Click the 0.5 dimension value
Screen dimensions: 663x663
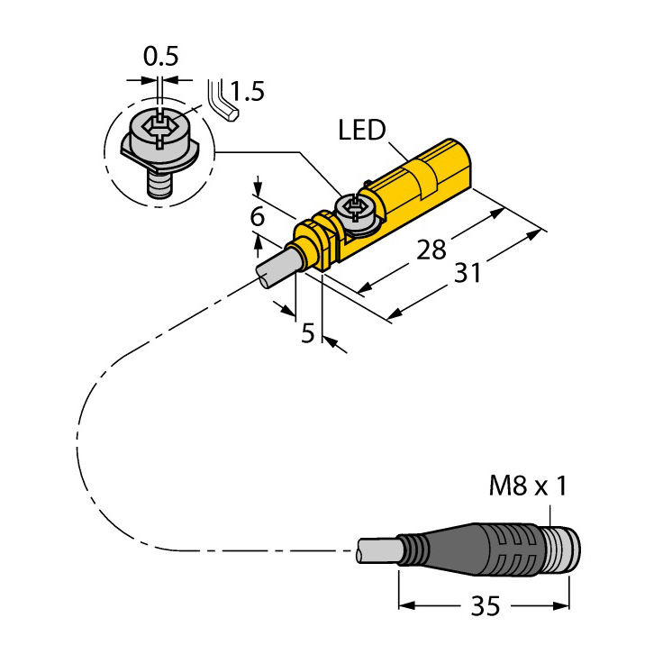click(160, 56)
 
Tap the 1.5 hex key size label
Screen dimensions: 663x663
click(248, 91)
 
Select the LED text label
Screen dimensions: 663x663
click(362, 130)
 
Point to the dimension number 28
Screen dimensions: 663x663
click(431, 250)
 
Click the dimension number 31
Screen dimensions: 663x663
click(468, 273)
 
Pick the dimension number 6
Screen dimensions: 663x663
click(257, 216)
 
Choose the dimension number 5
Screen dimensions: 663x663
click(308, 333)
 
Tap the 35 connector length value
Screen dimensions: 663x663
click(486, 606)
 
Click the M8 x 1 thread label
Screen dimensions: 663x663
click(527, 486)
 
